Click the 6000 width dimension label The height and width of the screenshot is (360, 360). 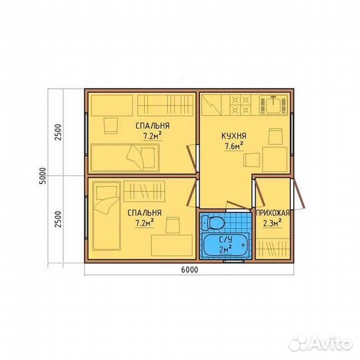pyautogui.click(x=189, y=269)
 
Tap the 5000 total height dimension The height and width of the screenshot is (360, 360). pyautogui.click(x=43, y=176)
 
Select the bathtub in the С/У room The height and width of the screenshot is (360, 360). pyautogui.click(x=225, y=245)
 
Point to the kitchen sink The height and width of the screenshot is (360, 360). pyautogui.click(x=273, y=105)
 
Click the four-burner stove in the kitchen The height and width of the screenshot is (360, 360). pyautogui.click(x=241, y=105)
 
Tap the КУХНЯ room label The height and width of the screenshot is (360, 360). pyautogui.click(x=234, y=136)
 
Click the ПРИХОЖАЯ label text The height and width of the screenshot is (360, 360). pyautogui.click(x=273, y=213)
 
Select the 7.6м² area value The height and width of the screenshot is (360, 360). pyautogui.click(x=234, y=146)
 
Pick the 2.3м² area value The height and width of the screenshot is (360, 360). pyautogui.click(x=272, y=223)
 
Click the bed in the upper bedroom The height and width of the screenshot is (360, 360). pyautogui.click(x=125, y=158)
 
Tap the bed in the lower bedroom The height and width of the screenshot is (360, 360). pyautogui.click(x=106, y=216)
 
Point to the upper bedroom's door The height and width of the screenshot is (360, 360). pyautogui.click(x=192, y=159)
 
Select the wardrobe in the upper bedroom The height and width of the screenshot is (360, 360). pyautogui.click(x=165, y=105)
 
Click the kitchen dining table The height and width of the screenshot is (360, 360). pyautogui.click(x=275, y=159)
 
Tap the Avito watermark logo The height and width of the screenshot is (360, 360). pyautogui.click(x=321, y=344)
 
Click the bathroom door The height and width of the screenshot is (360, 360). pyautogui.click(x=238, y=205)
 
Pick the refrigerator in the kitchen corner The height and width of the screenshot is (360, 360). pyautogui.click(x=211, y=105)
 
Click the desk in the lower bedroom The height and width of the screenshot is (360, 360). pyautogui.click(x=172, y=245)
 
